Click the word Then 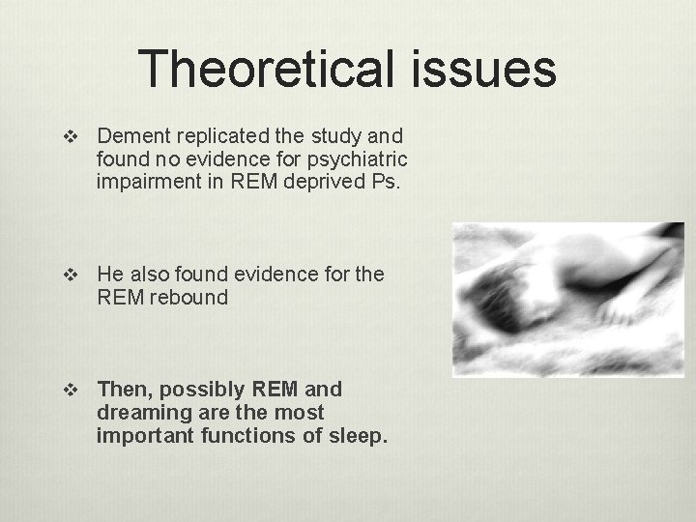(x=127, y=390)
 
